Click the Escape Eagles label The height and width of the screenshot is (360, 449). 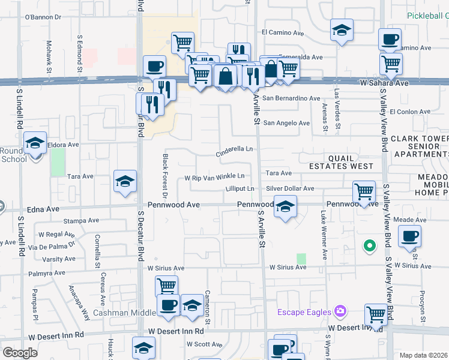[304, 312]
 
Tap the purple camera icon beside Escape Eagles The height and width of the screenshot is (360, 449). [341, 311]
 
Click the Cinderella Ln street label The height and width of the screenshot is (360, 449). [236, 150]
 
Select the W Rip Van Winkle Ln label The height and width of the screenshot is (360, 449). [214, 177]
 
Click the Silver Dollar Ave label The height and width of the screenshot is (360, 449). [291, 188]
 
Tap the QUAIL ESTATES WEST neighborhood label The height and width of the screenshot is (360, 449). [341, 162]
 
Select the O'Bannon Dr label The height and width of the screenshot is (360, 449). [43, 17]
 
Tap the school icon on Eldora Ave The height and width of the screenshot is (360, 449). [35, 143]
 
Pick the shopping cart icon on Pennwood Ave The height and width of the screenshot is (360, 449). [364, 192]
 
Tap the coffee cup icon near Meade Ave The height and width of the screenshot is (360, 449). [409, 236]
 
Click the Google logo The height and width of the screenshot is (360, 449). [20, 353]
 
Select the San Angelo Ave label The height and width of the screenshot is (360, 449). [287, 123]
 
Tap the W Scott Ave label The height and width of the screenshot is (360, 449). [205, 344]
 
